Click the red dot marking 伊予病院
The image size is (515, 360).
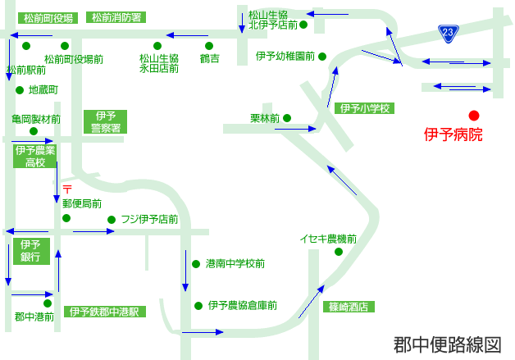tap(474, 116)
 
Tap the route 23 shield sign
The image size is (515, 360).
tap(449, 34)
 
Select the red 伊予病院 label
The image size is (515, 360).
tap(453, 134)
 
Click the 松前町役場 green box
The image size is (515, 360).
tap(48, 18)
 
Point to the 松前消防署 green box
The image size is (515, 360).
tap(116, 17)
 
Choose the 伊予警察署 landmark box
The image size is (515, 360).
tap(106, 121)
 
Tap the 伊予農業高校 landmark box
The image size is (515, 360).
tap(34, 157)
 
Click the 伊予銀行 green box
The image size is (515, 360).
tap(31, 251)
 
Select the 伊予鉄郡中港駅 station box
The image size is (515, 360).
tap(104, 312)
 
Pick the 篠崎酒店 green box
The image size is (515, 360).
tap(349, 307)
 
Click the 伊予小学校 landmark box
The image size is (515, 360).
tap(364, 108)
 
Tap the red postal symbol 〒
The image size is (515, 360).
tap(67, 189)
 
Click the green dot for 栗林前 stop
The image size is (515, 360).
tap(287, 118)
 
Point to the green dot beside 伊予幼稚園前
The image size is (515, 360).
tap(322, 57)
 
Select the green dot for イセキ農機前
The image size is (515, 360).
tap(339, 252)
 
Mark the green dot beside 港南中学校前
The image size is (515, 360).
tap(196, 264)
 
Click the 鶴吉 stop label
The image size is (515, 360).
tap(210, 58)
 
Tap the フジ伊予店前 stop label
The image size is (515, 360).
tap(149, 219)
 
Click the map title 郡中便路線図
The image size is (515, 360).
tap(447, 345)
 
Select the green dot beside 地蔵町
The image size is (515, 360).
tap(20, 90)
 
